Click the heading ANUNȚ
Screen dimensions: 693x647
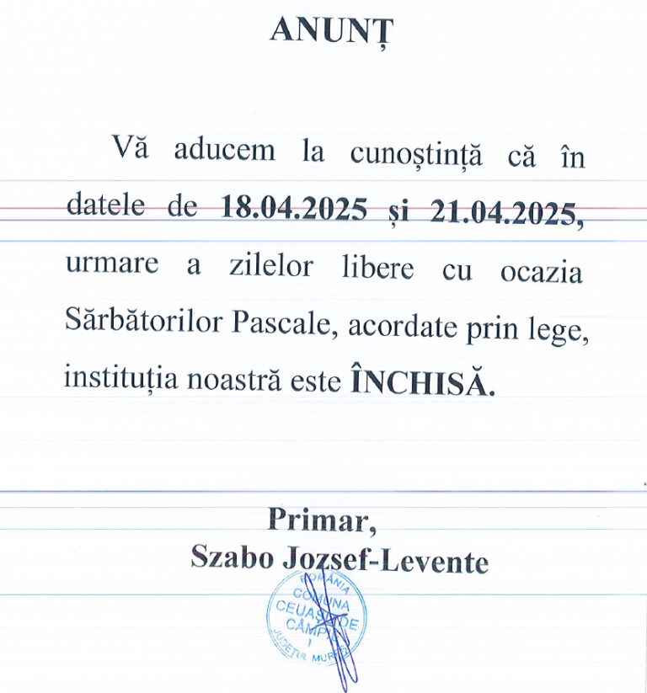click(x=331, y=29)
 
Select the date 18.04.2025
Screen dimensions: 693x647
click(x=293, y=207)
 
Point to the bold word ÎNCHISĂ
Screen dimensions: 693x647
click(x=421, y=382)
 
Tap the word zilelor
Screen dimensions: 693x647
click(x=271, y=266)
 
